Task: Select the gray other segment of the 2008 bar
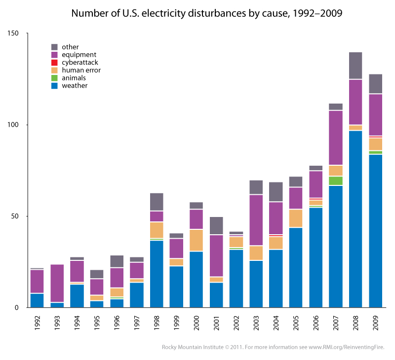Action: (x=355, y=66)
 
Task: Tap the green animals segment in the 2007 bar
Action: (x=335, y=180)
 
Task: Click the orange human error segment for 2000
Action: (x=196, y=240)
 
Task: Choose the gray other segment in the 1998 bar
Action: (x=156, y=202)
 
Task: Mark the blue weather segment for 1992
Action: (x=37, y=300)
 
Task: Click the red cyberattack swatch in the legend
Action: (x=55, y=63)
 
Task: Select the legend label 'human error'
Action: (x=81, y=70)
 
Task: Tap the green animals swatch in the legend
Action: (x=55, y=78)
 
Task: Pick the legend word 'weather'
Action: (x=75, y=86)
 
